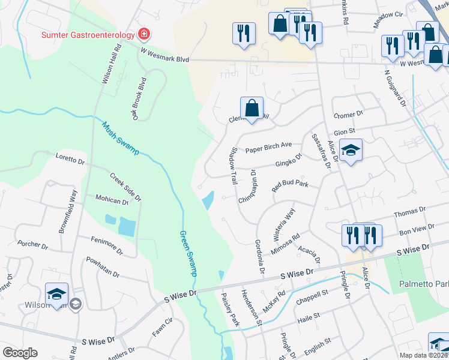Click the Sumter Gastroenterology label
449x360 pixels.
[x=88, y=34]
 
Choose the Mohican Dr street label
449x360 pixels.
[x=112, y=199]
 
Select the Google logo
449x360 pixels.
[x=20, y=352]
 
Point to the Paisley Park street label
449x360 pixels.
[x=231, y=309]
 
